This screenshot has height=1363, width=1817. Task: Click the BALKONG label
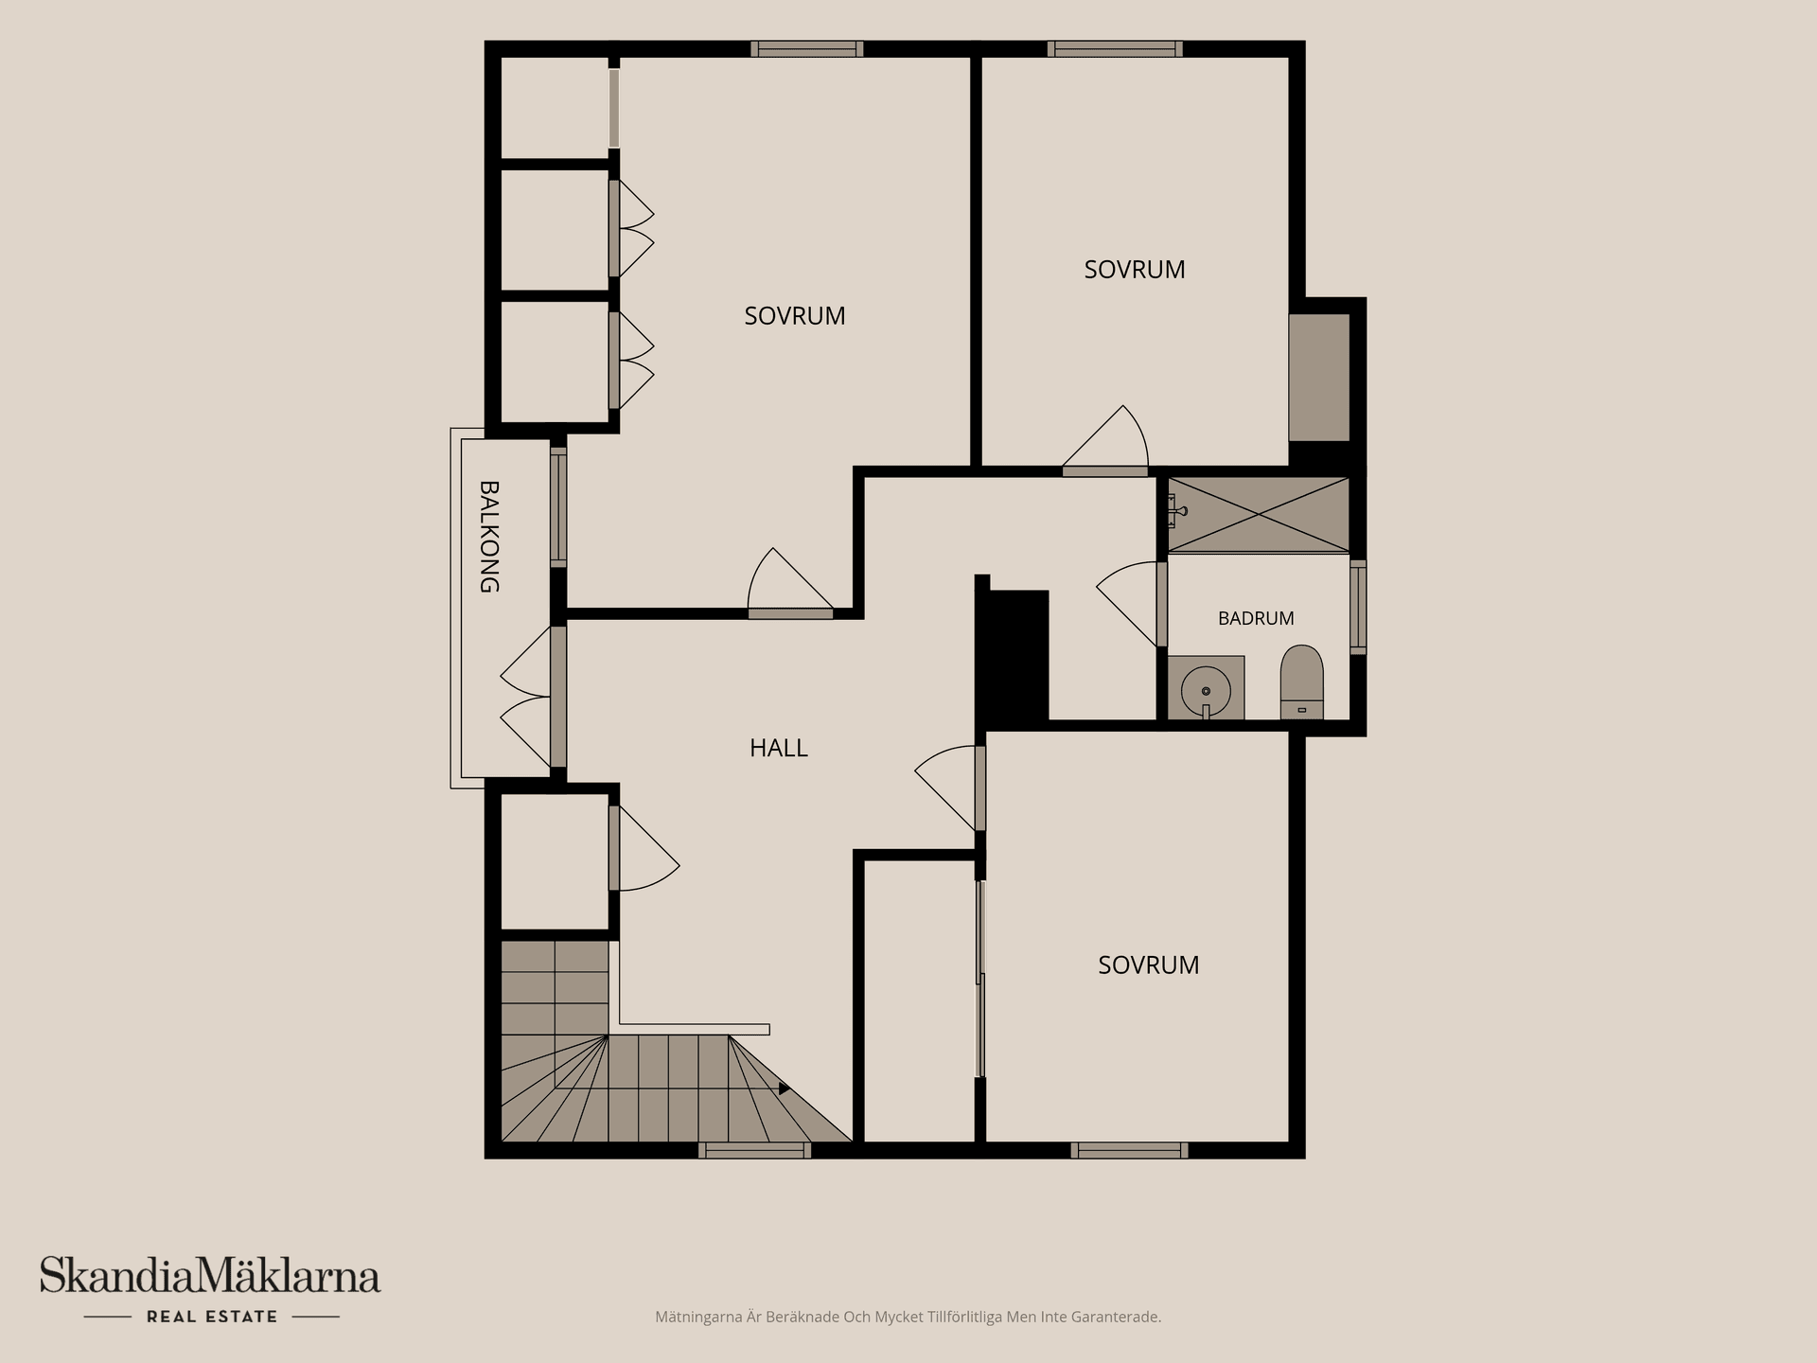tap(489, 537)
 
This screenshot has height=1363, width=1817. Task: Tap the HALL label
tap(779, 748)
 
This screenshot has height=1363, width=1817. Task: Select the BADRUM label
tap(1256, 618)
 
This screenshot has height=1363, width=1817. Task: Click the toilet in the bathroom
tap(1301, 682)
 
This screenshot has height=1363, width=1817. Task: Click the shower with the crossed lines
tap(1258, 515)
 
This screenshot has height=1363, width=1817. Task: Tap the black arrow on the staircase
tap(784, 1089)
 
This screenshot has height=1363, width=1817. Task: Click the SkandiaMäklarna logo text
tap(210, 1275)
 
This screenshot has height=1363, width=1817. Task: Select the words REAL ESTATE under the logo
tap(212, 1317)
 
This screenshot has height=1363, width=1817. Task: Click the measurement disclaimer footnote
tap(908, 1317)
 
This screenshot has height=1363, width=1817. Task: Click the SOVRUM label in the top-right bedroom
tap(1135, 270)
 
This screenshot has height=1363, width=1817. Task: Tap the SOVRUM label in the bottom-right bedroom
tap(1149, 965)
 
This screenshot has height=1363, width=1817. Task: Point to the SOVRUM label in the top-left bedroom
tap(795, 316)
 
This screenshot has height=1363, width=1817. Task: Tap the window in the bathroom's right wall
tap(1358, 607)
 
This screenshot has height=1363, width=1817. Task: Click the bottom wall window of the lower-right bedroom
tap(1129, 1150)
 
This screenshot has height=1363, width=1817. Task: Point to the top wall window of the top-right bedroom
tap(1115, 49)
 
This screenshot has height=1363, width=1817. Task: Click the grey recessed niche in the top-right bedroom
tap(1319, 377)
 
